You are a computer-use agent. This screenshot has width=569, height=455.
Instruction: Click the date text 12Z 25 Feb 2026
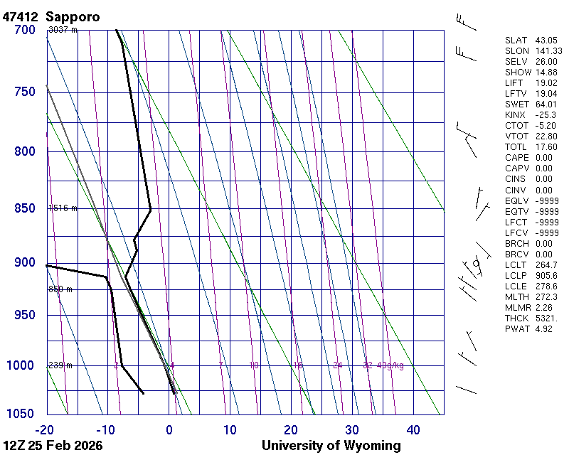tap(53, 446)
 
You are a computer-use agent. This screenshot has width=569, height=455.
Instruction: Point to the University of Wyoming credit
tap(331, 446)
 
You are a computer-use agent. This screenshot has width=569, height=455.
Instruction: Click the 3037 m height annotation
tap(63, 30)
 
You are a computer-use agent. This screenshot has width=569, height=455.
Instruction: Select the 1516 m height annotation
tap(63, 208)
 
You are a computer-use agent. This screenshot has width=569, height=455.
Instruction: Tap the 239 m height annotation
tap(60, 365)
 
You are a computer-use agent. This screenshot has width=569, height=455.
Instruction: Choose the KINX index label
tap(515, 115)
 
